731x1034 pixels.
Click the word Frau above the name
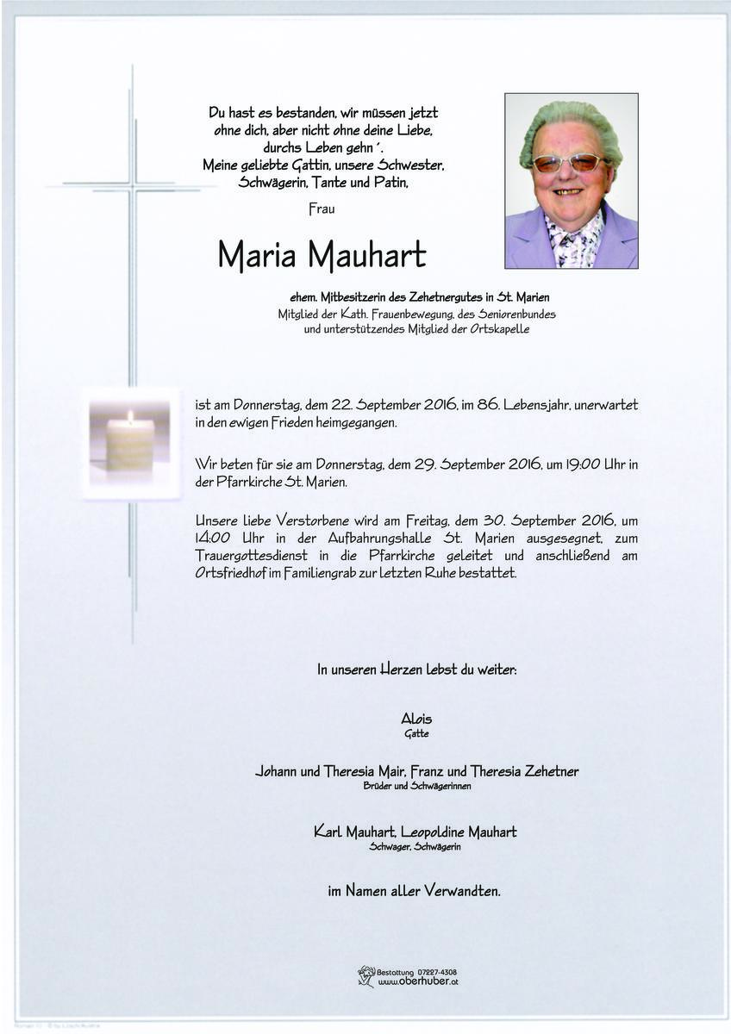pyautogui.click(x=321, y=208)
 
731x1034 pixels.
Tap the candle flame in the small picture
pyautogui.click(x=130, y=417)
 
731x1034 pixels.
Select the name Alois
pyautogui.click(x=416, y=719)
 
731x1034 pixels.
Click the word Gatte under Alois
pyautogui.click(x=416, y=734)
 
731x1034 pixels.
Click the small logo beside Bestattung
pyautogui.click(x=366, y=976)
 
